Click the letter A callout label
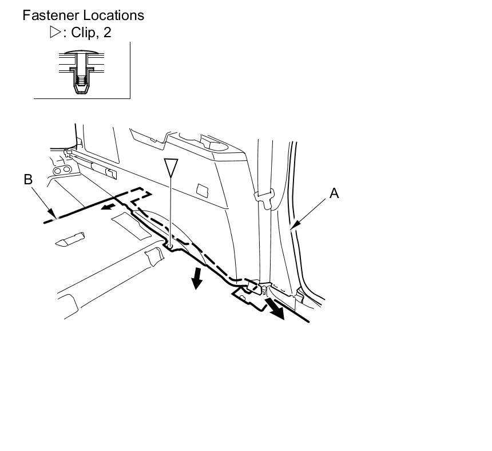pyautogui.click(x=334, y=193)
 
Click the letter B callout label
pyautogui.click(x=28, y=180)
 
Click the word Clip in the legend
pyautogui.click(x=82, y=33)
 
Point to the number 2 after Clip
pyautogui.click(x=107, y=33)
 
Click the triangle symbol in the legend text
pyautogui.click(x=55, y=33)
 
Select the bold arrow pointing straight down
pyautogui.click(x=197, y=278)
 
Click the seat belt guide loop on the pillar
pyautogui.click(x=264, y=197)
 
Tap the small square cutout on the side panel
pyautogui.click(x=202, y=189)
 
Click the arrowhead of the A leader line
pyautogui.click(x=292, y=228)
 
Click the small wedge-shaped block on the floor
pyautogui.click(x=70, y=239)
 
